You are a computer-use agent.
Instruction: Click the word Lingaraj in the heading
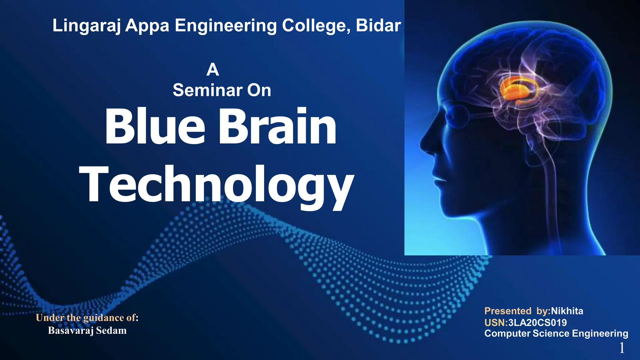pos(86,26)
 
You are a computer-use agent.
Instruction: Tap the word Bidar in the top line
pos(378,25)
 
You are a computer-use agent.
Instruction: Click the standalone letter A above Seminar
pos(212,69)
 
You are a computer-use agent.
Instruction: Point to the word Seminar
pos(207,90)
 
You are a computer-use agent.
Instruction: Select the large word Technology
pos(217,185)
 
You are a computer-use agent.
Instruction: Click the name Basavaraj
pos(71,331)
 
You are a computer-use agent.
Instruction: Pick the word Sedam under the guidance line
pos(111,331)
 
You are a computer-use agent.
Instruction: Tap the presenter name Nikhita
pos(567,311)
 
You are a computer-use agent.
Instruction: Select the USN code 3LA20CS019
pos(537,322)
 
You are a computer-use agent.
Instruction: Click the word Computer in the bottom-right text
pos(507,333)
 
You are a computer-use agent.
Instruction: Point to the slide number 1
pos(622,348)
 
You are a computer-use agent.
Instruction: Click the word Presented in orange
pos(507,311)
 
